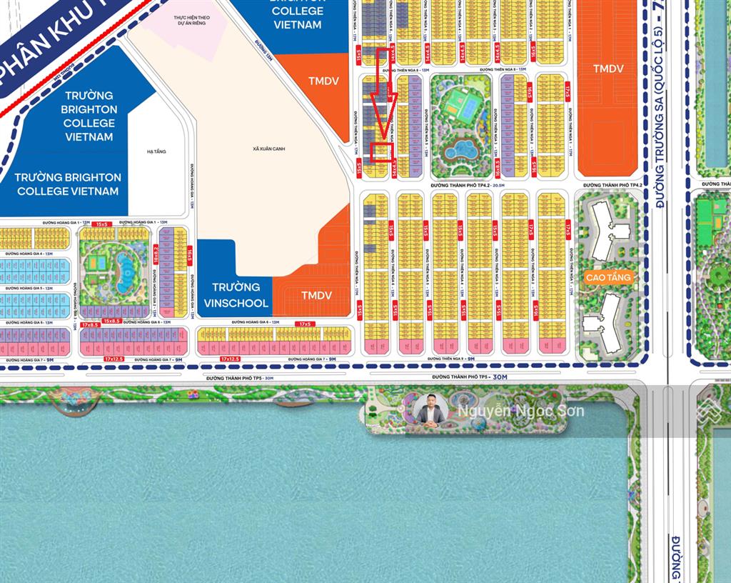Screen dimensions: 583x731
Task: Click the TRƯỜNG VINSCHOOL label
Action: [236, 295]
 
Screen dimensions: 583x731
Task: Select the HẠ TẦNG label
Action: [156, 151]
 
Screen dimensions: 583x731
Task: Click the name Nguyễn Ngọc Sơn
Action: [520, 411]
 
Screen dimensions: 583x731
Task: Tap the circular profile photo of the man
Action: [430, 411]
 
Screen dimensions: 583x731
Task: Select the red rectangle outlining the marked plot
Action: [382, 152]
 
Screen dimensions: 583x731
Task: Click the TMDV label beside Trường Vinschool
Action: [316, 295]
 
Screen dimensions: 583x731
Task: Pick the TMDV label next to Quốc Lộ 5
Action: [608, 68]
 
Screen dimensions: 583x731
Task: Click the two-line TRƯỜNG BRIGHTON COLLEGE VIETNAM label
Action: [68, 184]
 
